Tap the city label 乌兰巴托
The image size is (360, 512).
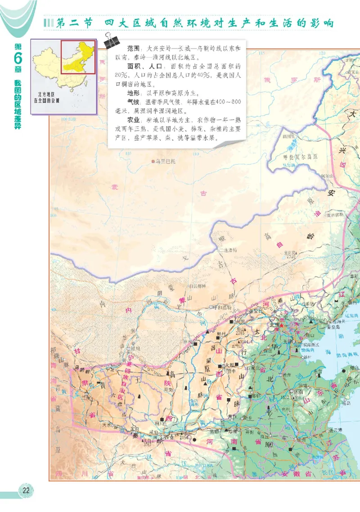166,160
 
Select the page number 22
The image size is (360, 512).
26,490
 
